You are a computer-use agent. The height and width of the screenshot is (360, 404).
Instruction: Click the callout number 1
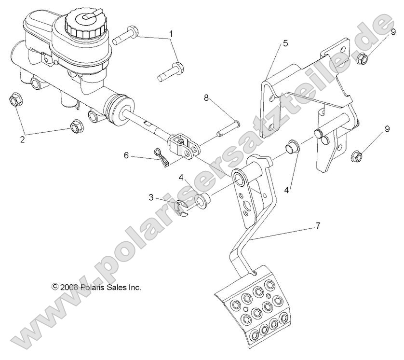(x=170, y=34)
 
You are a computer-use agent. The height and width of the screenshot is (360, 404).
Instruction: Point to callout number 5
(x=285, y=43)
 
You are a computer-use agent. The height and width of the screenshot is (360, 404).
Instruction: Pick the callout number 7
(x=318, y=211)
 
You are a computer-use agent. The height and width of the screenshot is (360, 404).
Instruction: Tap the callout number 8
(x=206, y=97)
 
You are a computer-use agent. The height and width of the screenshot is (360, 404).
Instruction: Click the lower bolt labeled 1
(x=170, y=71)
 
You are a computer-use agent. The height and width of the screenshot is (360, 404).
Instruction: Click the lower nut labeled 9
(x=356, y=155)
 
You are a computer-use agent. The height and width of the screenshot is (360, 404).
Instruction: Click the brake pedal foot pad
(x=254, y=308)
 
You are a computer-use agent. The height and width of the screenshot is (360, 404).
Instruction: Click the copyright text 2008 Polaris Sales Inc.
(x=96, y=287)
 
